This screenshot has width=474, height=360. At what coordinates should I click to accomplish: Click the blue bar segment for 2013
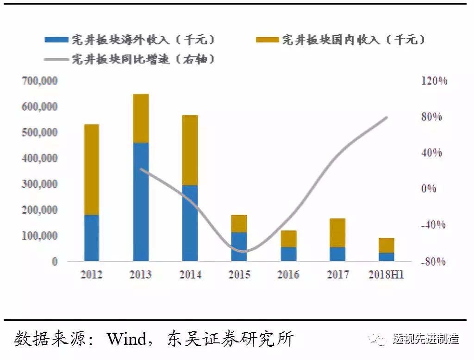(x=141, y=202)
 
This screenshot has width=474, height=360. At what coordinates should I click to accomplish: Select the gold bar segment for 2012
(x=92, y=169)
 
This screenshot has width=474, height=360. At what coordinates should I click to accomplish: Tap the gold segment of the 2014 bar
(x=190, y=150)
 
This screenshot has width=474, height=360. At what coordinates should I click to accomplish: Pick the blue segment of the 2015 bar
(x=239, y=246)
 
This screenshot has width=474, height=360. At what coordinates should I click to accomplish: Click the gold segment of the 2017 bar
(x=337, y=233)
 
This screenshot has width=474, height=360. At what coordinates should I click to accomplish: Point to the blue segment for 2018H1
(x=387, y=257)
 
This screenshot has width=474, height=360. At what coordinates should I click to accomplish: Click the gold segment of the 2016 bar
(x=288, y=239)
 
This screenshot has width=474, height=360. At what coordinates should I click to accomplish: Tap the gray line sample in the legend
(x=56, y=59)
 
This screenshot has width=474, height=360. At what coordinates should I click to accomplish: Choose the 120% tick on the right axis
(x=434, y=81)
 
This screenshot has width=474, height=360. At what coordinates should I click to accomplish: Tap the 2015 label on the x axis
(x=239, y=274)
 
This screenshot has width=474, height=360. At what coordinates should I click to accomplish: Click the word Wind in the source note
(x=126, y=339)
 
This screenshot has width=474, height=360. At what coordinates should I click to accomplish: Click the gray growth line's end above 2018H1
(x=387, y=118)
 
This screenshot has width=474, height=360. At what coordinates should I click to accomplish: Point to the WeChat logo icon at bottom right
(x=379, y=339)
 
